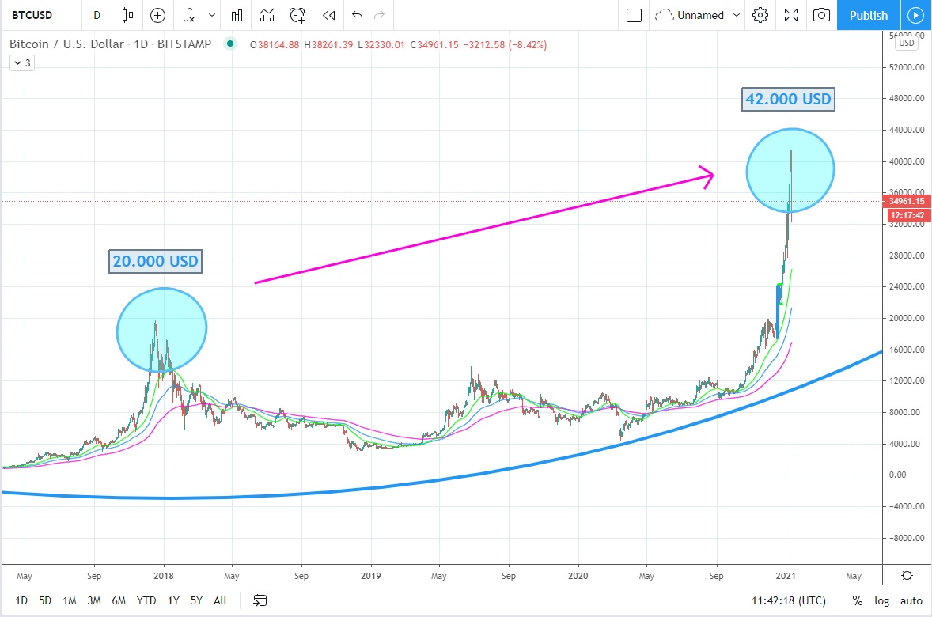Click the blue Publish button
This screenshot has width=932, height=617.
(x=868, y=15)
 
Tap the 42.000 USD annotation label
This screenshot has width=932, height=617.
(x=788, y=100)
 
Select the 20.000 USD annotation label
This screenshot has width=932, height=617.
(x=155, y=261)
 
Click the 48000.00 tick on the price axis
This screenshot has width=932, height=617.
(x=907, y=99)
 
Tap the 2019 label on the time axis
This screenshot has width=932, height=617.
(x=372, y=576)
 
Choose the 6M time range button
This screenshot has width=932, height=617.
(x=119, y=600)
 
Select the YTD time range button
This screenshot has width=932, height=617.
(x=146, y=600)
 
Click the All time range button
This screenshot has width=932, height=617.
(x=220, y=600)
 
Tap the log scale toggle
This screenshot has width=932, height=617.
(x=881, y=600)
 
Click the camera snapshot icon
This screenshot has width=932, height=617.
(x=822, y=15)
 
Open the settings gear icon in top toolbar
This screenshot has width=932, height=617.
(x=760, y=15)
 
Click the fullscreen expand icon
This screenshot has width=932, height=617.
(x=790, y=15)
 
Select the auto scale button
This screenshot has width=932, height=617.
(x=911, y=600)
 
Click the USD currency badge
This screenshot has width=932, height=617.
(x=906, y=44)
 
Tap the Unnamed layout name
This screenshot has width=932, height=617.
(x=699, y=15)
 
